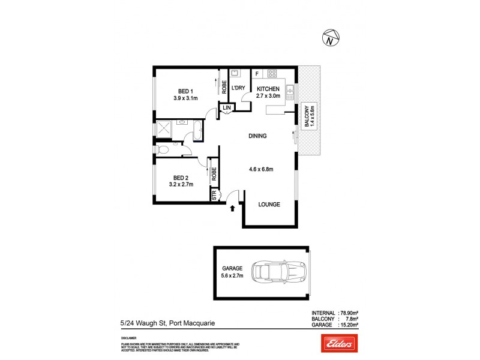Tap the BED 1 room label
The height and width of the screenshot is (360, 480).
coord(185,91)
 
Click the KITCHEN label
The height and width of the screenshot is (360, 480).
coord(268,88)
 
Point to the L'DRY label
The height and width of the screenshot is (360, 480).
coord(238,88)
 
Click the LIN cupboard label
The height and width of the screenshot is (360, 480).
coord(226,108)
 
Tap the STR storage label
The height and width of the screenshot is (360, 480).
coord(214,194)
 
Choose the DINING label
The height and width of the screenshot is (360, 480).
coord(257,136)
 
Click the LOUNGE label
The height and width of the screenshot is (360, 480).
coord(269,205)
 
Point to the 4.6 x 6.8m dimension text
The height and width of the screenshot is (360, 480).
coord(261,169)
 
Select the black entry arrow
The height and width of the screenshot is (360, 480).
coord(233,208)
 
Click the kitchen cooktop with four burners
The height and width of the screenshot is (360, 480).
coord(272,74)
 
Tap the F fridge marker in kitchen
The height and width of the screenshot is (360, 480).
coord(257,74)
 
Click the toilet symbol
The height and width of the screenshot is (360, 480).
coord(161,149)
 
